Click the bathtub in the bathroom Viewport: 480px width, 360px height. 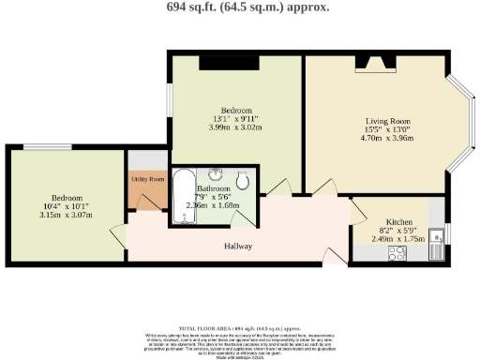(x=183, y=196)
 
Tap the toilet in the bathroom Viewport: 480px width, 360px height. (x=243, y=179)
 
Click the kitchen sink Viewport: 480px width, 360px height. (x=436, y=241)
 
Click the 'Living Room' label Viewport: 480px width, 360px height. (x=387, y=120)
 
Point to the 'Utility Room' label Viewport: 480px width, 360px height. (x=147, y=179)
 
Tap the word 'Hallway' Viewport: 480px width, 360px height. (x=238, y=246)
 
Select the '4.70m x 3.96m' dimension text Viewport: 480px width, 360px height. (x=387, y=138)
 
